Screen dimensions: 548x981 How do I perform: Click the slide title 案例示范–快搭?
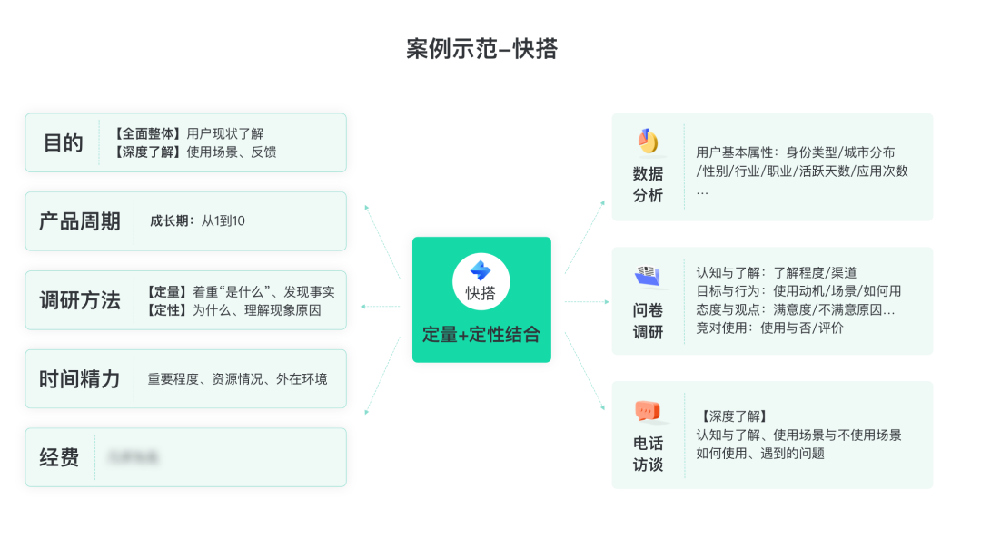tap(481, 49)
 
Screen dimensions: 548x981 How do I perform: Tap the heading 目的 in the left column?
tap(63, 143)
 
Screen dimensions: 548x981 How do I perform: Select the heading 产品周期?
tap(79, 221)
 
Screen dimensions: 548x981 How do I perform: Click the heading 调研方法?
tap(79, 300)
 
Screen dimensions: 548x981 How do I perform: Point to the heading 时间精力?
tap(79, 379)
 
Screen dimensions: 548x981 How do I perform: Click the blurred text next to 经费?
tap(133, 457)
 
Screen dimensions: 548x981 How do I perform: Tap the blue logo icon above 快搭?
tap(481, 269)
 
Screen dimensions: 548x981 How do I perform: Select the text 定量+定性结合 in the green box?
tap(481, 335)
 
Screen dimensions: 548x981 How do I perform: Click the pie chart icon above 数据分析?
tap(648, 142)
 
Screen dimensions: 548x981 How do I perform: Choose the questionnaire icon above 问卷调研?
tap(648, 275)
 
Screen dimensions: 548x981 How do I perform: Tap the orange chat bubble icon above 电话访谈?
tap(648, 411)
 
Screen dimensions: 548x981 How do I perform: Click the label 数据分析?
tap(648, 184)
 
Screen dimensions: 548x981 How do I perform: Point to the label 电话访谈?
tap(648, 454)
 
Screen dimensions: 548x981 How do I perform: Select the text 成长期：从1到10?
tap(197, 221)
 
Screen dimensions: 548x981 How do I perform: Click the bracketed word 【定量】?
tap(164, 292)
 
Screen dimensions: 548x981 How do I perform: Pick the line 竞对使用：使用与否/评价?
tap(769, 328)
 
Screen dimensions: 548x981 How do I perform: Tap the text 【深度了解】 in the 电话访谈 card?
tap(734, 416)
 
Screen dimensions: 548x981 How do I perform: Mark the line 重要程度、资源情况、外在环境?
tap(237, 379)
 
